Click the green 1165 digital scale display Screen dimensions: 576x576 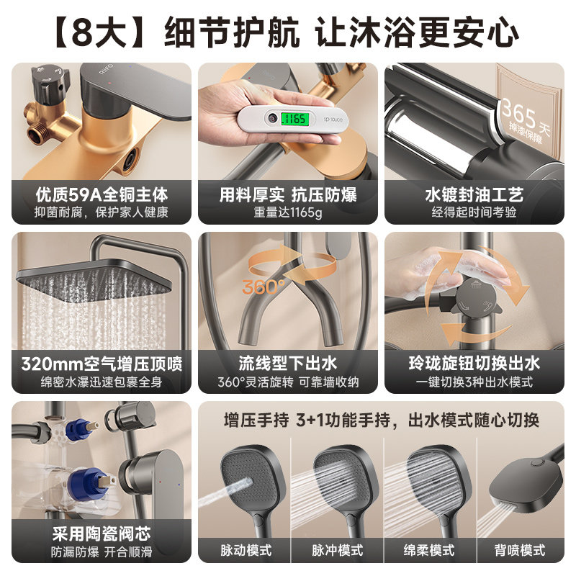click(294, 119)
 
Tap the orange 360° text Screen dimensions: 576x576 click(264, 287)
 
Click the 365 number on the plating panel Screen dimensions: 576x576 click(518, 113)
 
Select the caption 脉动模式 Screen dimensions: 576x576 click(246, 550)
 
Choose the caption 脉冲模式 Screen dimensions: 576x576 click(337, 550)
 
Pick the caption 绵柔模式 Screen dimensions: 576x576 click(429, 550)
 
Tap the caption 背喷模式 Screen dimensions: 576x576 click(520, 550)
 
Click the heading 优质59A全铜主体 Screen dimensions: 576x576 click(102, 194)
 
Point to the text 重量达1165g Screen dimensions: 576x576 click(287, 212)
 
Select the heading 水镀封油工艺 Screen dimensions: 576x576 click(474, 194)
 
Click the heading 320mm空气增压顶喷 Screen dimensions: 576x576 click(102, 364)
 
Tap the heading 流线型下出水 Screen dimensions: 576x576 click(287, 364)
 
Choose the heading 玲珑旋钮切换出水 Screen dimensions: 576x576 click(474, 364)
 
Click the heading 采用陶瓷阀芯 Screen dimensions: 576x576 click(102, 534)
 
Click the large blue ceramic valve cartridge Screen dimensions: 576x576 click(89, 484)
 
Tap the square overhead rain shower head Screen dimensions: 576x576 click(94, 281)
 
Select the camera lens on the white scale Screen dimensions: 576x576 click(272, 117)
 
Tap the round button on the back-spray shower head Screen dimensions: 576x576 click(536, 464)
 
